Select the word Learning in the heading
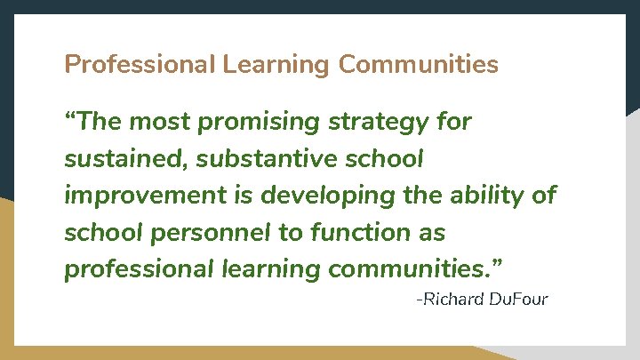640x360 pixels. [276, 65]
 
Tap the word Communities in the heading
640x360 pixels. [419, 65]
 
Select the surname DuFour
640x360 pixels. [519, 299]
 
